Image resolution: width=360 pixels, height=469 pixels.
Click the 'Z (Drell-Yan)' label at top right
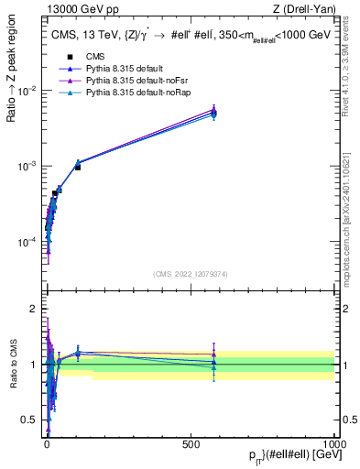309,10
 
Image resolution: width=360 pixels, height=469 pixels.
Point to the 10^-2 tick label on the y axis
28,90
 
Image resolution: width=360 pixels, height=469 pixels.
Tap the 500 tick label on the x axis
191,443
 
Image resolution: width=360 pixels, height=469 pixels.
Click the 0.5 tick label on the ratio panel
30,420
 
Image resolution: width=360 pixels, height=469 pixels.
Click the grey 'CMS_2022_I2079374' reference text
190,272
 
